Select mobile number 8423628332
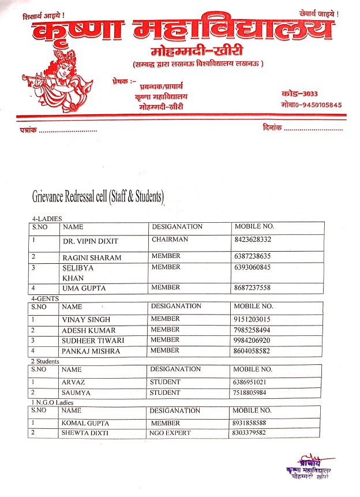click(x=253, y=239)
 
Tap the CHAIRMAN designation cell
click(x=170, y=239)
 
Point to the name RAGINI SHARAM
click(x=92, y=257)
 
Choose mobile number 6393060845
click(x=253, y=267)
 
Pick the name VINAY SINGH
click(x=86, y=319)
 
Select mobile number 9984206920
click(x=253, y=340)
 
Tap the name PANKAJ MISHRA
click(x=91, y=351)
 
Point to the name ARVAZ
click(x=73, y=382)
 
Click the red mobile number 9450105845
click(x=311, y=105)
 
